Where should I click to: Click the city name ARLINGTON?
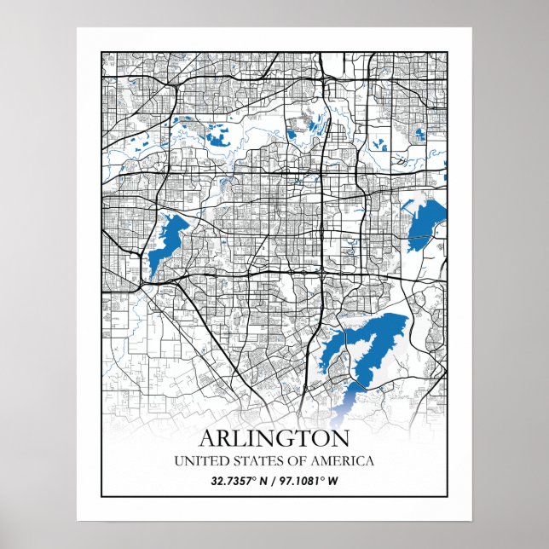click(x=274, y=439)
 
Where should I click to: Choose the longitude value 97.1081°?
click(x=300, y=481)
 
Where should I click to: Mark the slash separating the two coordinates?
click(x=274, y=481)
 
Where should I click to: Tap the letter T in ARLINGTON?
click(x=303, y=439)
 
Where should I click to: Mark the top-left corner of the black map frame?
click(x=102, y=53)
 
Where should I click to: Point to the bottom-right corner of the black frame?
click(x=447, y=495)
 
